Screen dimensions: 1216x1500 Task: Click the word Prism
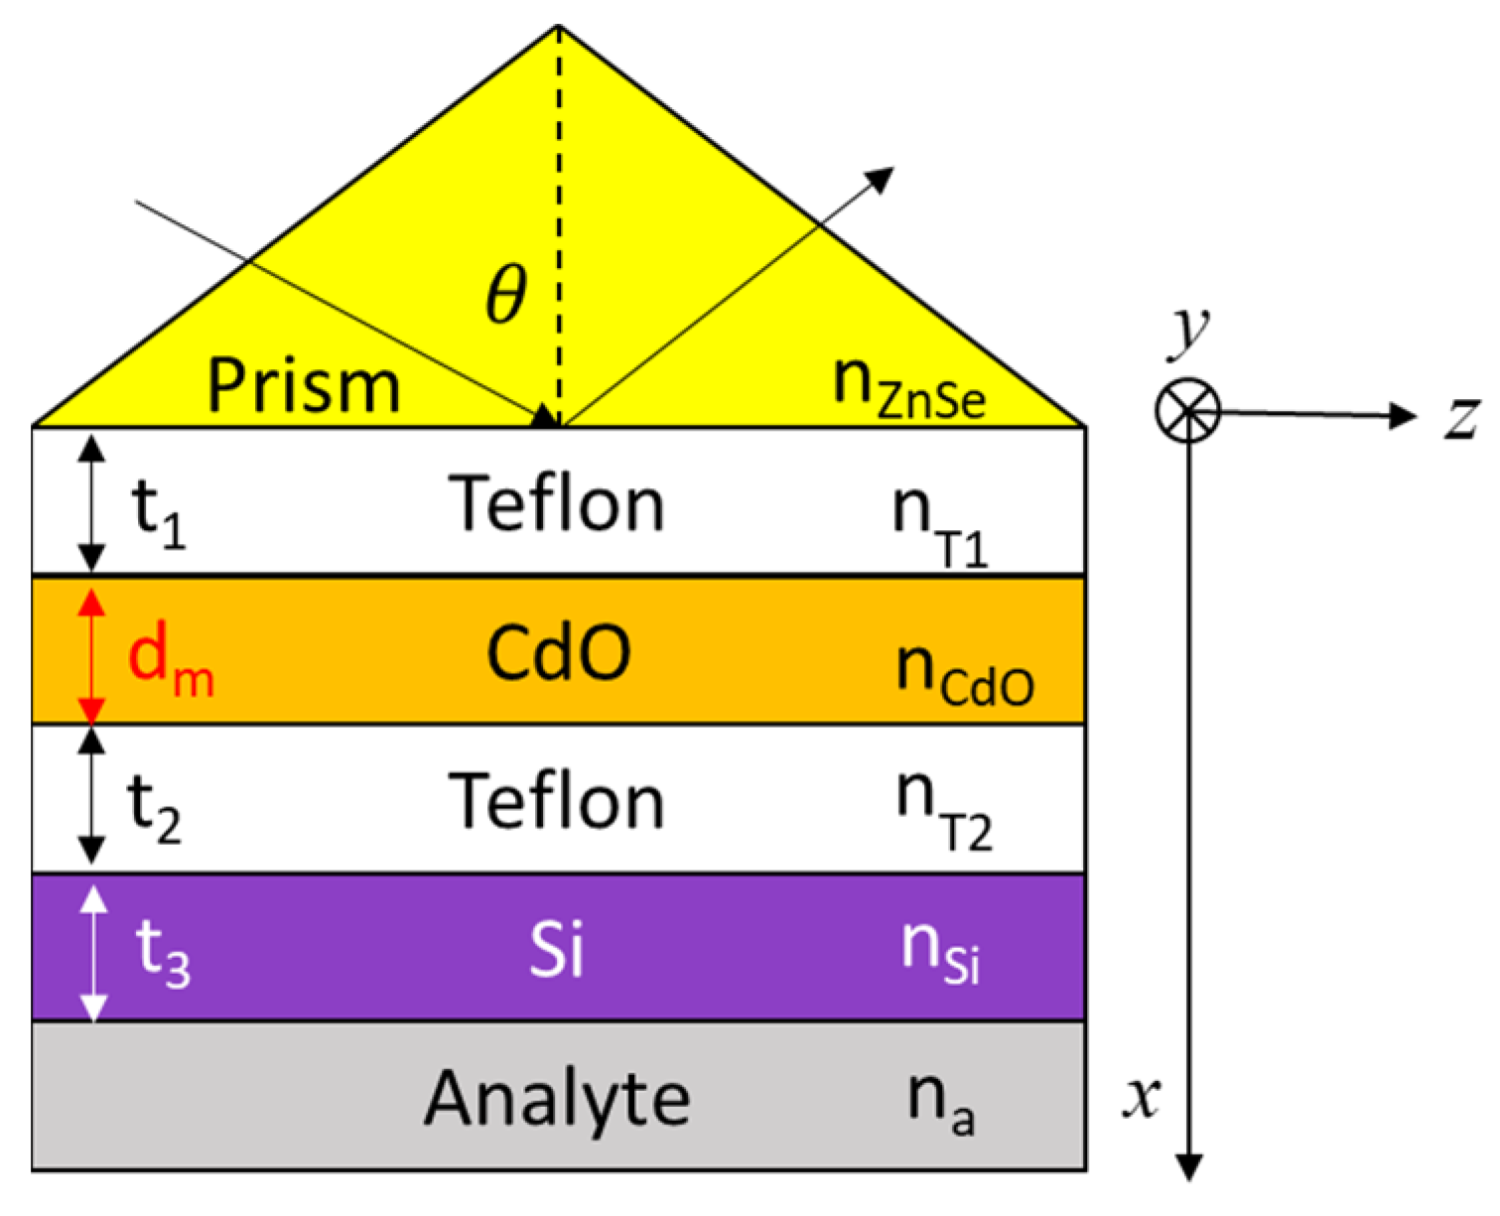(304, 385)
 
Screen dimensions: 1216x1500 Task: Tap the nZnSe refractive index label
(909, 387)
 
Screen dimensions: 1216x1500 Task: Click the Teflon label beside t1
(556, 504)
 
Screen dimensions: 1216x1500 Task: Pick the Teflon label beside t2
(556, 802)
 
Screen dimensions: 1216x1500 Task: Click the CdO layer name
(558, 653)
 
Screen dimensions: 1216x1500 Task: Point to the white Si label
(556, 949)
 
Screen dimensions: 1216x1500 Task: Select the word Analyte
(557, 1099)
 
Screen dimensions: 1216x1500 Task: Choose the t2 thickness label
(155, 808)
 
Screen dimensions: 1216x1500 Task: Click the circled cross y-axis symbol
(1187, 411)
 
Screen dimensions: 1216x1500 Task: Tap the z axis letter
(1461, 417)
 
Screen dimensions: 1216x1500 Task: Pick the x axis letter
(1142, 1097)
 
